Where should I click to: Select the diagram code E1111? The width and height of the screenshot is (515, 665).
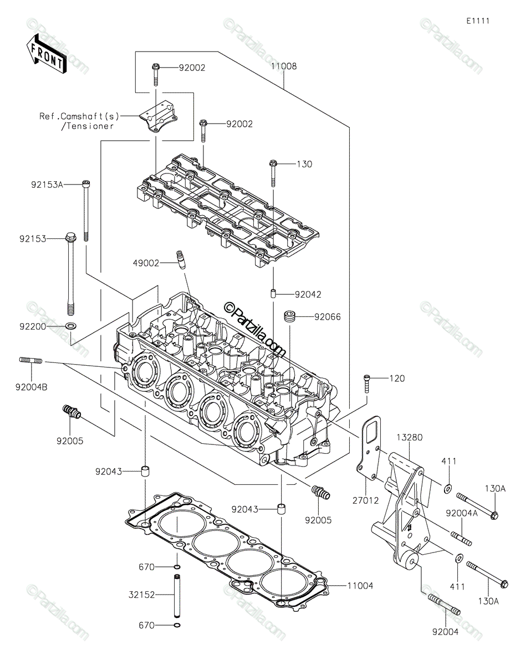coord(477,21)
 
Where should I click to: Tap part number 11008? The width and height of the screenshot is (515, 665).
coord(284,66)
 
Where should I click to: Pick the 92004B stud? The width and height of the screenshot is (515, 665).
coord(31,361)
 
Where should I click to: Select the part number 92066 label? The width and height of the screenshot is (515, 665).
coord(327,317)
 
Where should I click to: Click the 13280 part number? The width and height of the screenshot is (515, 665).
coord(410,437)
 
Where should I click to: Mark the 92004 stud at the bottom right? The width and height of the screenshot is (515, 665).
coord(444,604)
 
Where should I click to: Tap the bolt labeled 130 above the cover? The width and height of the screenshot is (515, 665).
coord(273,174)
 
